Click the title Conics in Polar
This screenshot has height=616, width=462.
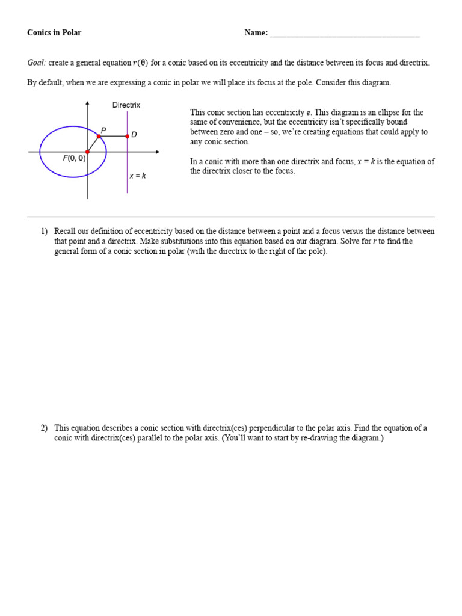(x=54, y=33)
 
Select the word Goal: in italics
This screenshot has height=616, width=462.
(x=36, y=63)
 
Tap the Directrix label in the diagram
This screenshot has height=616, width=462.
(x=126, y=105)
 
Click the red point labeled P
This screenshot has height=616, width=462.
(x=99, y=137)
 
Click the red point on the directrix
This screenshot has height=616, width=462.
(x=127, y=137)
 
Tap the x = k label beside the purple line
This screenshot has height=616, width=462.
(x=138, y=176)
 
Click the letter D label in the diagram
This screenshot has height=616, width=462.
(x=134, y=135)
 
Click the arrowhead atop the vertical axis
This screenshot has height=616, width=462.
(x=88, y=103)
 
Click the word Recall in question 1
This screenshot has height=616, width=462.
(x=65, y=232)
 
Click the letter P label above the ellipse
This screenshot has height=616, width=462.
(x=104, y=129)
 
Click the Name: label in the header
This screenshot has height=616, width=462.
(x=256, y=33)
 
